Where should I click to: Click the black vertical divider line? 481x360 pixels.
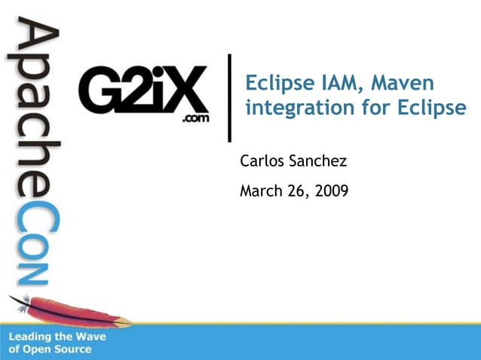point(229,97)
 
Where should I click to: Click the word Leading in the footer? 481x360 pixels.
point(32,337)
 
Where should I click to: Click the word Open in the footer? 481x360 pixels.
point(38,349)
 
